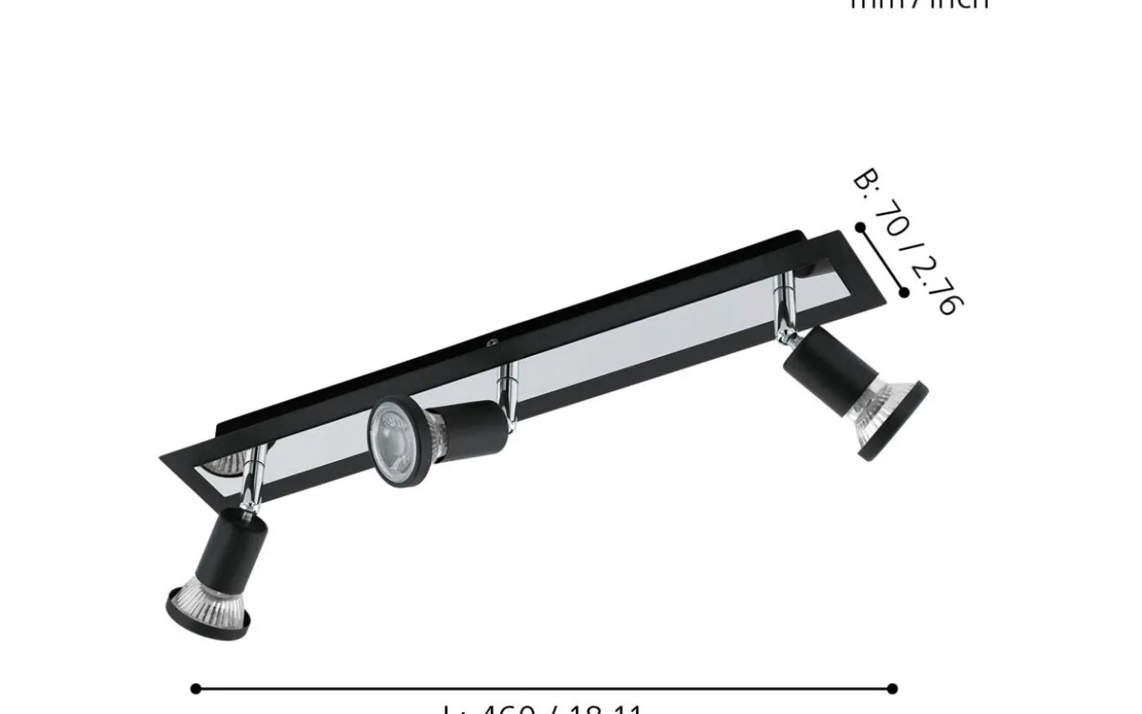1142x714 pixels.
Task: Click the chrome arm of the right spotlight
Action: (786, 302)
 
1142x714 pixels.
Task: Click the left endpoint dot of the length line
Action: (196, 689)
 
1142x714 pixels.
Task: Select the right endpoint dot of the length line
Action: (892, 689)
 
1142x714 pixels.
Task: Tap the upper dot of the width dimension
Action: (861, 228)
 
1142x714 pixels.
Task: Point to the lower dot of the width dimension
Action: (904, 292)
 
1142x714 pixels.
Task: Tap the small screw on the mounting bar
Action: (491, 344)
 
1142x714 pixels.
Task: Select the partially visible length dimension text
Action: (543, 708)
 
